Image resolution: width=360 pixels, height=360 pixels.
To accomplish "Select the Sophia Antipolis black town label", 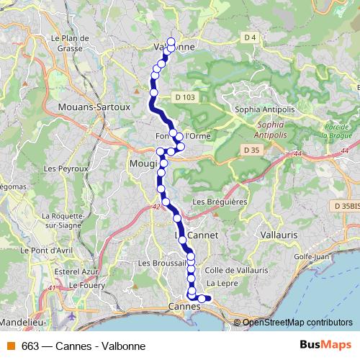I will [x=263, y=109].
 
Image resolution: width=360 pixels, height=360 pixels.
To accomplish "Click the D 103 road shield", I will [x=185, y=96].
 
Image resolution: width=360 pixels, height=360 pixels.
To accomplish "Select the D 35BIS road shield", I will [x=346, y=206].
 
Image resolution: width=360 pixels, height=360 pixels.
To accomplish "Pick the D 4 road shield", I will [x=250, y=37].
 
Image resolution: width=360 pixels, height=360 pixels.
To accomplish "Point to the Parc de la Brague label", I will [x=335, y=130].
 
